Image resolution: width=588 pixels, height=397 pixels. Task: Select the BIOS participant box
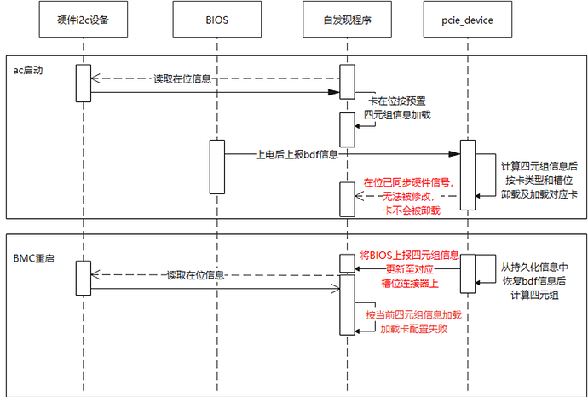pyautogui.click(x=216, y=19)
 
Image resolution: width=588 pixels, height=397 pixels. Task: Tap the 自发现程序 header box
pyautogui.click(x=347, y=19)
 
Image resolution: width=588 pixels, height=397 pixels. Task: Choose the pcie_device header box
pyautogui.click(x=468, y=19)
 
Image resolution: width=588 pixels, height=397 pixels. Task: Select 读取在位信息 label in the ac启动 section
pyautogui.click(x=183, y=79)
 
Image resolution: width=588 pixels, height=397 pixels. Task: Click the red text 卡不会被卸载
pyautogui.click(x=405, y=207)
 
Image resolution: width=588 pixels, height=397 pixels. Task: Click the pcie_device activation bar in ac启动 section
pyautogui.click(x=468, y=175)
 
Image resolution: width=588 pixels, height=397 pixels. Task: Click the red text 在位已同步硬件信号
pyautogui.click(x=407, y=182)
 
